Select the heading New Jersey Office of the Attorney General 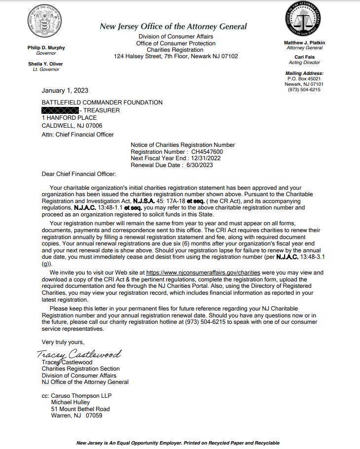[173, 27]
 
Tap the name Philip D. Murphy [46, 48]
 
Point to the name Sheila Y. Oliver [45, 64]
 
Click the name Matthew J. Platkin [304, 43]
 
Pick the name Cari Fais [304, 57]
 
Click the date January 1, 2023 [65, 90]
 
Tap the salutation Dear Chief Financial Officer [79, 174]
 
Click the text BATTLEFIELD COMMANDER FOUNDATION [102, 103]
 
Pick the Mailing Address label [304, 73]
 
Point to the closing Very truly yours [63, 342]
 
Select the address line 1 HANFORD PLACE [69, 118]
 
